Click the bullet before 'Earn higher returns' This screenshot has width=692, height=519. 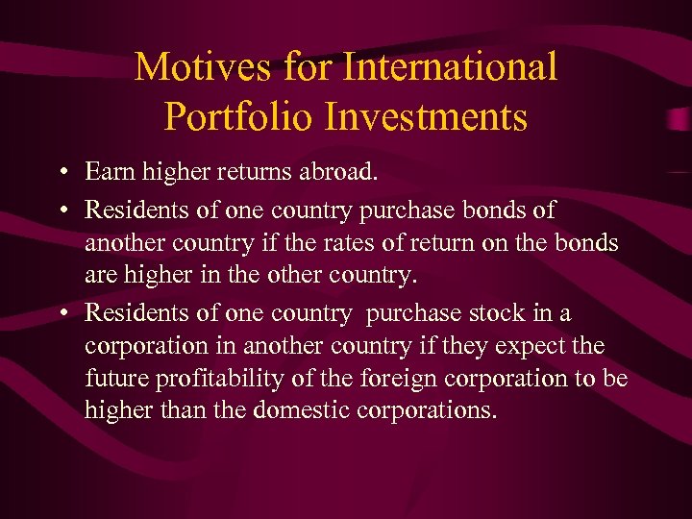pos(62,174)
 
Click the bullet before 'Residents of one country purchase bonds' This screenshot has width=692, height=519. pos(62,209)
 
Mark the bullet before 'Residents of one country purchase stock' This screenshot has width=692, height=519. pos(62,313)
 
